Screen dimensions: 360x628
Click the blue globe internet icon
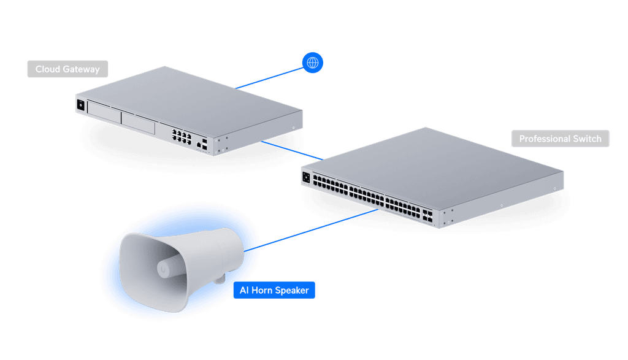pyautogui.click(x=313, y=63)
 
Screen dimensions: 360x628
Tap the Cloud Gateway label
pyautogui.click(x=67, y=69)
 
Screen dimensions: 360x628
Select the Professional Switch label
pyautogui.click(x=560, y=139)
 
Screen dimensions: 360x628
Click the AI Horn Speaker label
pyautogui.click(x=274, y=290)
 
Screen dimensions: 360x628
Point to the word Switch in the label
pyautogui.click(x=587, y=139)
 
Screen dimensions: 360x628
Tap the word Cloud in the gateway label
pyautogui.click(x=47, y=69)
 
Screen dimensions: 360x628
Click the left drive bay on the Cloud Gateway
pyautogui.click(x=104, y=110)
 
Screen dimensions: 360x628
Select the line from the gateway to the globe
pyautogui.click(x=270, y=76)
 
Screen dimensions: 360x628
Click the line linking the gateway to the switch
pyautogui.click(x=291, y=151)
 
